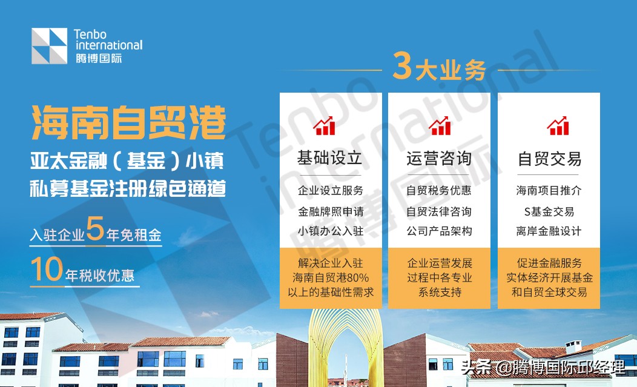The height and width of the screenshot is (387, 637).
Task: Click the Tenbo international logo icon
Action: coord(50,46)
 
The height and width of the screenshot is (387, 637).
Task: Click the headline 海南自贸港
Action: coord(128,123)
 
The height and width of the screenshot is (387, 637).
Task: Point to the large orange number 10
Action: coord(47,270)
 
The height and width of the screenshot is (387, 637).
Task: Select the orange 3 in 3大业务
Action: coord(402,67)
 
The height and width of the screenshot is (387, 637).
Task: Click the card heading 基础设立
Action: coord(329,158)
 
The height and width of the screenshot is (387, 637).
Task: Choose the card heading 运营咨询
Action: coord(439,159)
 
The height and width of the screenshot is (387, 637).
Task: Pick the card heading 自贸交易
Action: coord(549,159)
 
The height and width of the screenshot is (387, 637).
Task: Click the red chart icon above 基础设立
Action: coord(325,125)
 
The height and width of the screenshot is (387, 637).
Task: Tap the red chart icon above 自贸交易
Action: coord(558,125)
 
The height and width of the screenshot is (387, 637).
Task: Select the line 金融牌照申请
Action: coord(331,212)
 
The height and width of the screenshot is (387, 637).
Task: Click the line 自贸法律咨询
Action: coord(439,212)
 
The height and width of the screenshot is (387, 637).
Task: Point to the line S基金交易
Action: coord(549,212)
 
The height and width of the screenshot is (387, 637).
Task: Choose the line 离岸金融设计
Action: coord(549,231)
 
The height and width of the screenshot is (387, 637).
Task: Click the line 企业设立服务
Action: coord(331,191)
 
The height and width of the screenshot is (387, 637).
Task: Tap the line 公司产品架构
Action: coord(439,231)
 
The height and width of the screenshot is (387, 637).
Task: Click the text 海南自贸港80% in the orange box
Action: coord(331,277)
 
